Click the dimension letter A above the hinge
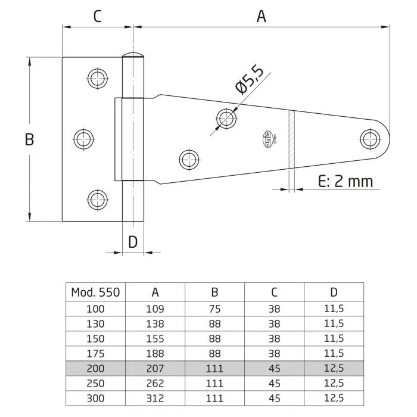tap(261, 17)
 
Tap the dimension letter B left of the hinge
tap(29, 139)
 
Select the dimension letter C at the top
tap(97, 17)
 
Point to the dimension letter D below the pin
tap(133, 241)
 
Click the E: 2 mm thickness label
tap(346, 181)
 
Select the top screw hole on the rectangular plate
tap(97, 77)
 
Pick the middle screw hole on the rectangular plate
tap(84, 139)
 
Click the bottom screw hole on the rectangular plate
tap(97, 200)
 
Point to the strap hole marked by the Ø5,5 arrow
tap(226, 118)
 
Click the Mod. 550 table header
tap(95, 292)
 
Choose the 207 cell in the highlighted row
tap(155, 368)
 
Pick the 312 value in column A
tap(155, 397)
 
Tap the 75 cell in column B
tap(214, 309)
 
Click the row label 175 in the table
tap(95, 353)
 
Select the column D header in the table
tap(334, 292)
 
